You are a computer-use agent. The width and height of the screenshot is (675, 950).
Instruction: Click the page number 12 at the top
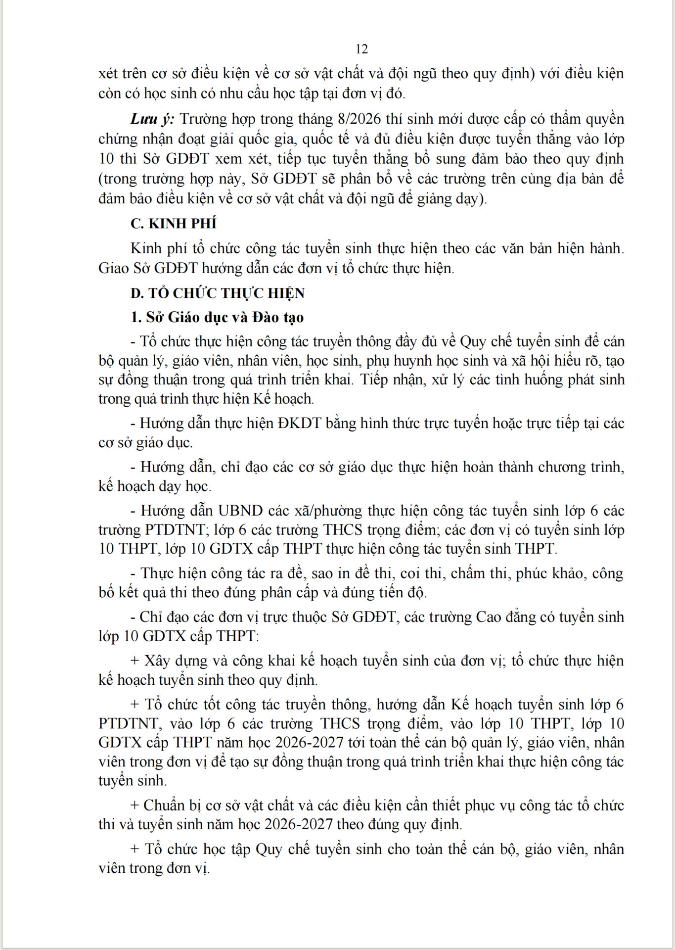pyautogui.click(x=361, y=49)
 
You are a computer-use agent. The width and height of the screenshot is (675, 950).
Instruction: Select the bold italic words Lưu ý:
pyautogui.click(x=152, y=119)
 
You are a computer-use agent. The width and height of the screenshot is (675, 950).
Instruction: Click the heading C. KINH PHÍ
pyautogui.click(x=174, y=224)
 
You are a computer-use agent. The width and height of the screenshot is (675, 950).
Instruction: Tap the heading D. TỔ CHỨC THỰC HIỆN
pyautogui.click(x=218, y=293)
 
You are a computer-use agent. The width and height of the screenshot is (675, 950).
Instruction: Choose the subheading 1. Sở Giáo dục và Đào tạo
pyautogui.click(x=218, y=317)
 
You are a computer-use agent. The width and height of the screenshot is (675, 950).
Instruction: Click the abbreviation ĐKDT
pyautogui.click(x=300, y=424)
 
